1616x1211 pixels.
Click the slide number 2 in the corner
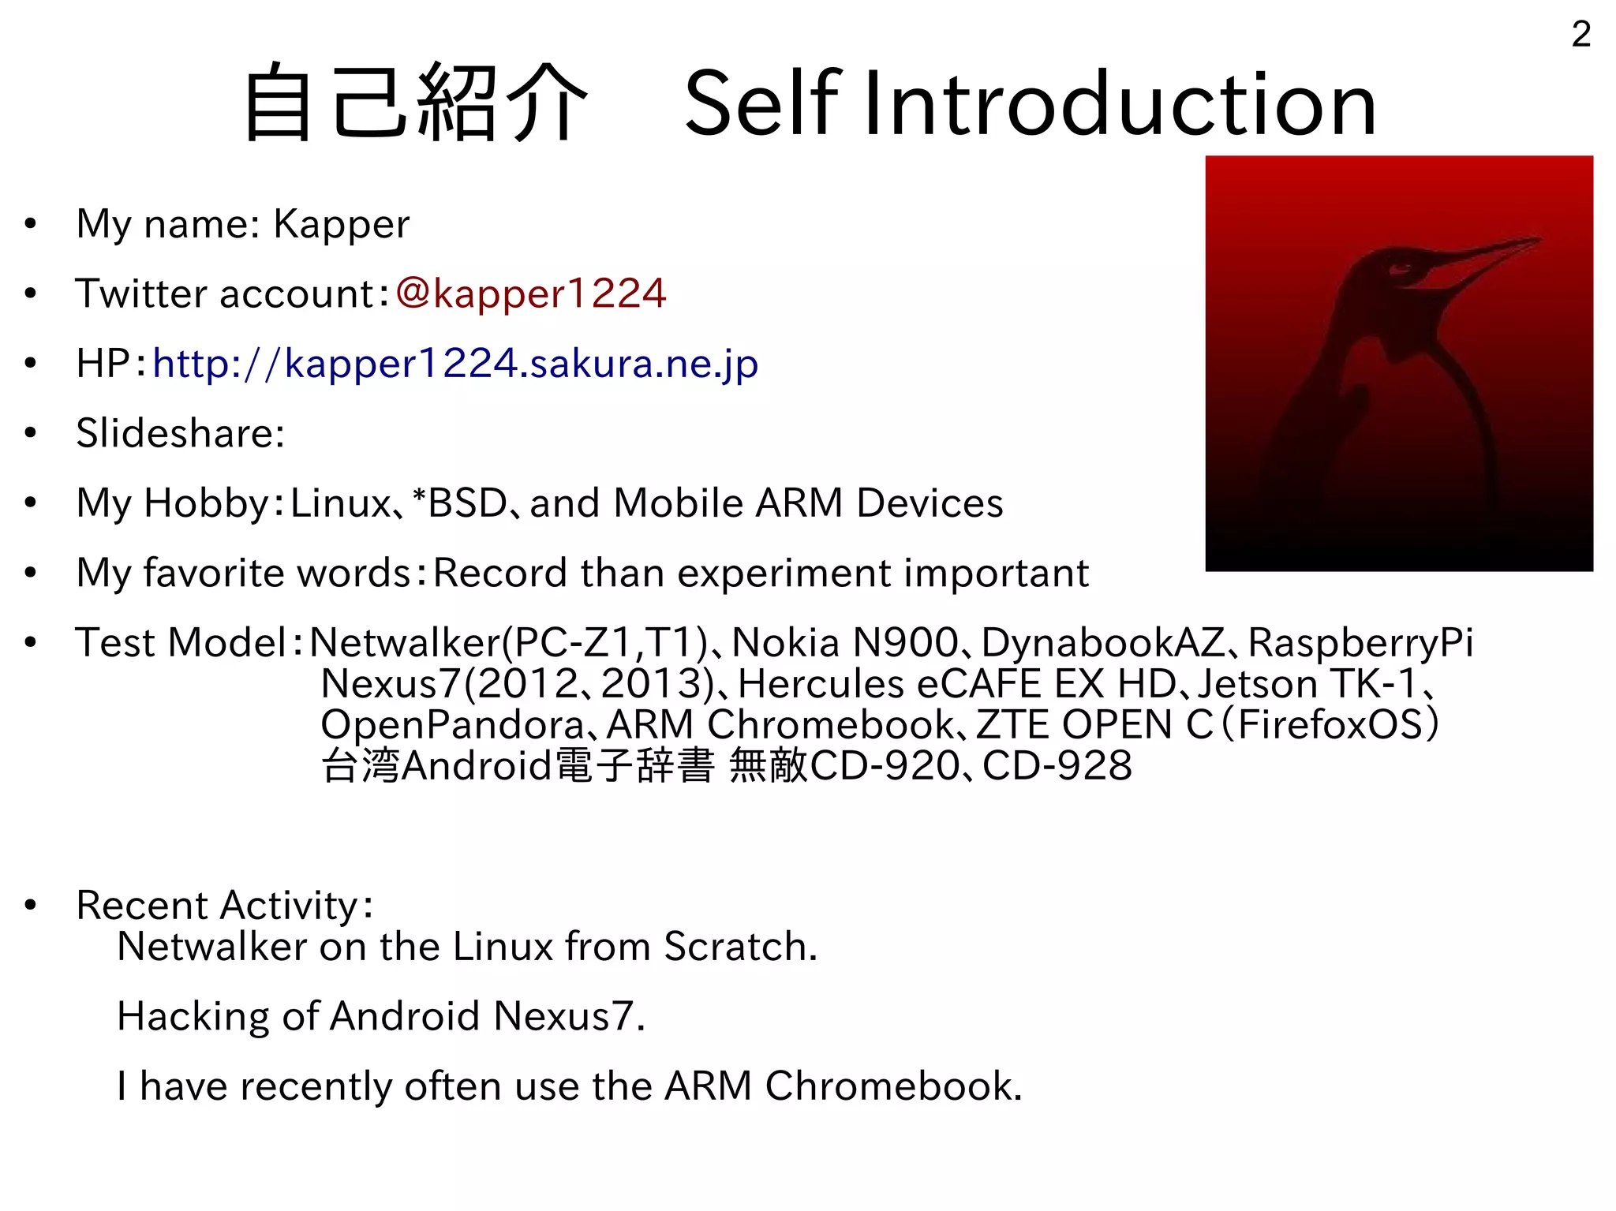[x=1580, y=34]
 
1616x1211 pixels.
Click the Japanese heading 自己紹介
[x=416, y=103]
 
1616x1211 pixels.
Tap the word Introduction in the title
[x=1120, y=103]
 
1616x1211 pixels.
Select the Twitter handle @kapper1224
[x=531, y=293]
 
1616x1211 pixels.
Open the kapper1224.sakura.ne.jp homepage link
[x=455, y=364]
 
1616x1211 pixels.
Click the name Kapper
[x=341, y=224]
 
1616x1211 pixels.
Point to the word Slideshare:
[x=180, y=433]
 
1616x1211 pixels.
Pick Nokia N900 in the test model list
[x=844, y=642]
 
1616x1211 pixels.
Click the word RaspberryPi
[x=1360, y=642]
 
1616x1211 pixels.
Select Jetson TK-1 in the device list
[x=1307, y=683]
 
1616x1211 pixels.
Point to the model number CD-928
[x=1057, y=765]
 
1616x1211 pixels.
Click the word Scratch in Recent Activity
[x=739, y=946]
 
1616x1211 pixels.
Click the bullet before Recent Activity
[x=31, y=905]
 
